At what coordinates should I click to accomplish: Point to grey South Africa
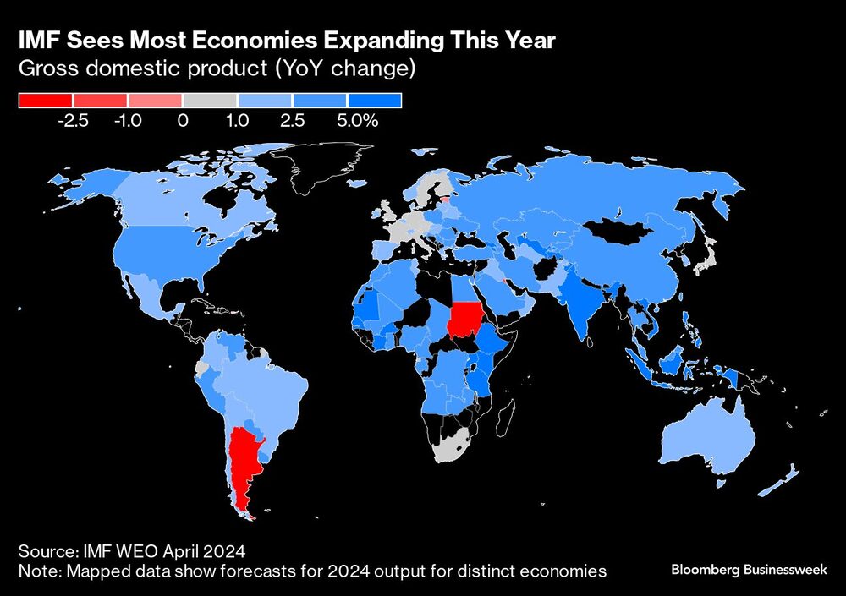click(x=451, y=443)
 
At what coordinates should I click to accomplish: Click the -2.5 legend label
click(x=73, y=121)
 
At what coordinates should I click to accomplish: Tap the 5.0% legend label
click(x=357, y=121)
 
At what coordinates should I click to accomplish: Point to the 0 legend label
click(x=183, y=121)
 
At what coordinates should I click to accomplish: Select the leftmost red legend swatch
click(x=46, y=101)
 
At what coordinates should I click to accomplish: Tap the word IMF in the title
click(x=40, y=41)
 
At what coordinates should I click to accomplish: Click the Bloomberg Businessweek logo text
click(x=748, y=570)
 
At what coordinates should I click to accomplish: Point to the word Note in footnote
click(x=37, y=571)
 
